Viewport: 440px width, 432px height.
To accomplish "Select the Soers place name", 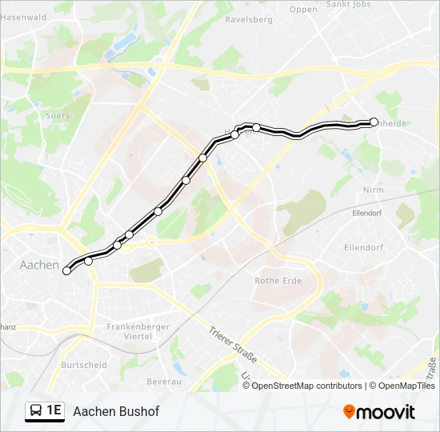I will click(58, 116).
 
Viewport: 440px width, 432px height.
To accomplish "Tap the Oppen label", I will click(303, 10).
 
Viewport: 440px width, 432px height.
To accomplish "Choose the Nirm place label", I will click(374, 190).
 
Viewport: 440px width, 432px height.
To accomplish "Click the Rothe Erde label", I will click(277, 281).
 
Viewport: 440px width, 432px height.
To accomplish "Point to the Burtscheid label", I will click(84, 364).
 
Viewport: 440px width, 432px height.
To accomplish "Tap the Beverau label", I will click(165, 382).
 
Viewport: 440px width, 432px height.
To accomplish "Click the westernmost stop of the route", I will click(67, 270).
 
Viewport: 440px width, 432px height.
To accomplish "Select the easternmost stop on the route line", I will click(374, 122).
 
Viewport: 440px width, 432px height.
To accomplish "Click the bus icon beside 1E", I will click(36, 410).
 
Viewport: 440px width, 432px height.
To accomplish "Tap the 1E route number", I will click(54, 410).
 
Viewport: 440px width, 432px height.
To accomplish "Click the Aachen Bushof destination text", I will click(116, 411).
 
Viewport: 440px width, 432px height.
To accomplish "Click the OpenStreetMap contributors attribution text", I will click(307, 386).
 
